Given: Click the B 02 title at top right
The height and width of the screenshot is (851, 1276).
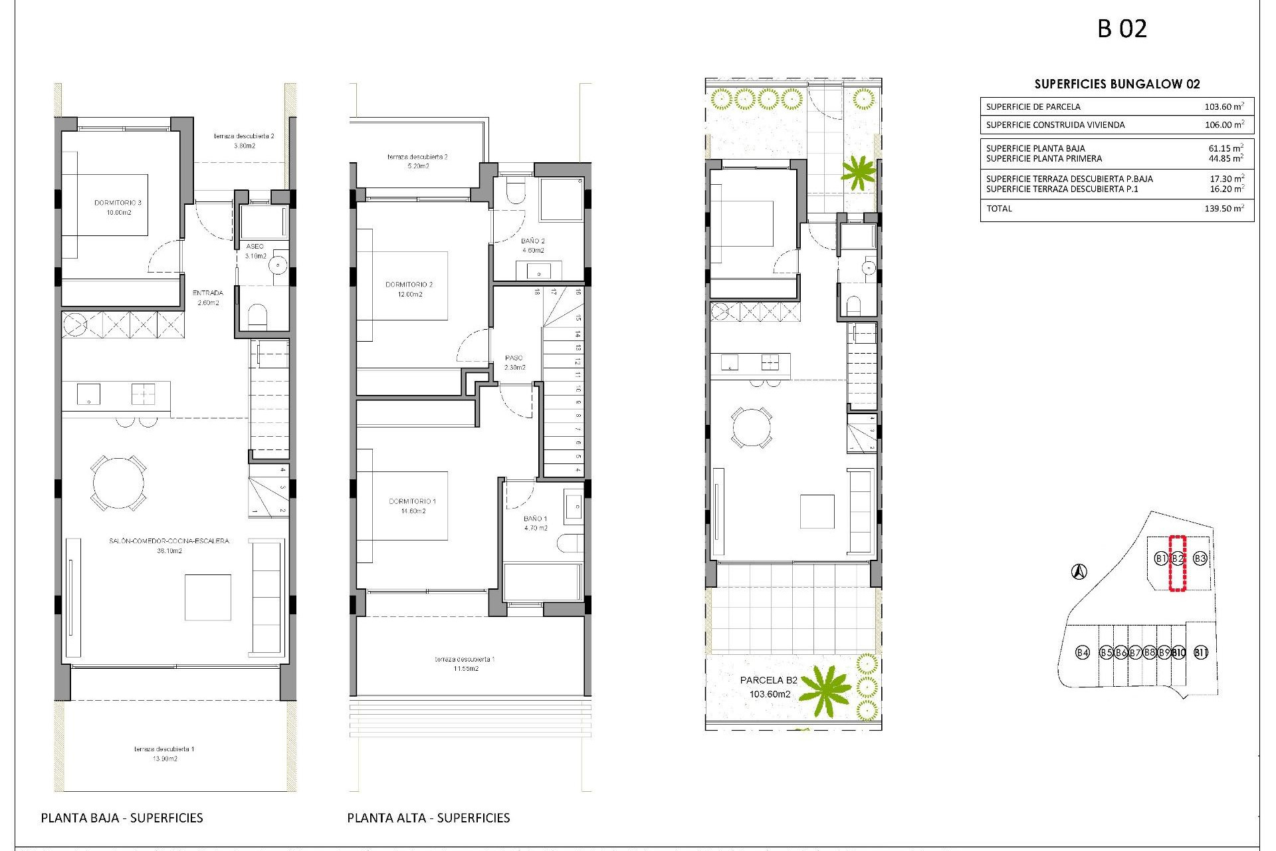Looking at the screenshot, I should pyautogui.click(x=1122, y=29).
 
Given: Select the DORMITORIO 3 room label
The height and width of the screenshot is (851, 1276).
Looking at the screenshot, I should pyautogui.click(x=118, y=207).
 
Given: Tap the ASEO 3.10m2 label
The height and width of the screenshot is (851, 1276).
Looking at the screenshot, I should pyautogui.click(x=255, y=251).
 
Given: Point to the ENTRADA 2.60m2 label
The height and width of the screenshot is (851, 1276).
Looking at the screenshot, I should pyautogui.click(x=208, y=297).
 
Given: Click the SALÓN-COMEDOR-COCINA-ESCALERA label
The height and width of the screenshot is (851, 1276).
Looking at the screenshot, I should pyautogui.click(x=169, y=545).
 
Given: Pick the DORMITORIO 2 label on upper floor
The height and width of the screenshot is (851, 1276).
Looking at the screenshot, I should pyautogui.click(x=409, y=289).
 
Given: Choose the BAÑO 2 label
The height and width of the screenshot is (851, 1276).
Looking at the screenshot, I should pyautogui.click(x=533, y=245).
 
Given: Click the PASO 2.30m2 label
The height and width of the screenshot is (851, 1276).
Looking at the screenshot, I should pyautogui.click(x=514, y=362).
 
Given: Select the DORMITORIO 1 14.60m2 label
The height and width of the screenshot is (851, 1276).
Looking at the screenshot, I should pyautogui.click(x=413, y=506).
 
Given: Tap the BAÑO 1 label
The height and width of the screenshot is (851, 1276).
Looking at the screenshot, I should pyautogui.click(x=536, y=523).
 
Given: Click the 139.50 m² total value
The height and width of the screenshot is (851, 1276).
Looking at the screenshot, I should pyautogui.click(x=1223, y=209).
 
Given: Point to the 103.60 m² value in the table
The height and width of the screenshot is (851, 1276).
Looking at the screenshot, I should pyautogui.click(x=1223, y=106).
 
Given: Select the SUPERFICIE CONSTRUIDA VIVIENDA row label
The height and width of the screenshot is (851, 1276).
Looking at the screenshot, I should pyautogui.click(x=1055, y=124).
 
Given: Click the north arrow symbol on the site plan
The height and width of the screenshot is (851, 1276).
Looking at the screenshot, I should pyautogui.click(x=1079, y=571).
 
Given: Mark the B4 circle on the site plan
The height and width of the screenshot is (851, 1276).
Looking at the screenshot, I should pyautogui.click(x=1083, y=652).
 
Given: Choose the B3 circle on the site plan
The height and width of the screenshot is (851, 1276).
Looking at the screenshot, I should pyautogui.click(x=1200, y=558).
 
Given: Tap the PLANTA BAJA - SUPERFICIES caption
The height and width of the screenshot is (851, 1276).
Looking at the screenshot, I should pyautogui.click(x=122, y=818).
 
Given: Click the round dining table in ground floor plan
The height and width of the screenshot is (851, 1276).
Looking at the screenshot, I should pyautogui.click(x=118, y=483).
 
